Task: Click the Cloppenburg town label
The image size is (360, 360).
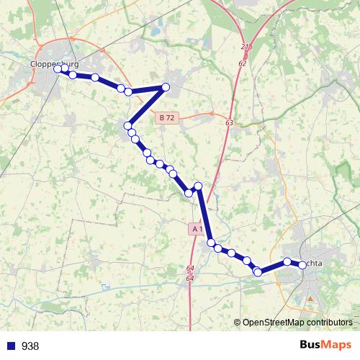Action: (55, 63)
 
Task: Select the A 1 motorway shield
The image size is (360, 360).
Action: (197, 229)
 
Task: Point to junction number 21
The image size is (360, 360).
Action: (244, 46)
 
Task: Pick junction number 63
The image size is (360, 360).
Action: (229, 123)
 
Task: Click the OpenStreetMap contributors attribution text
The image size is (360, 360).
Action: (297, 323)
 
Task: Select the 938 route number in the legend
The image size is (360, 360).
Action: (30, 346)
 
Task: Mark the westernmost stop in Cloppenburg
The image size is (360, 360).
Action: (58, 69)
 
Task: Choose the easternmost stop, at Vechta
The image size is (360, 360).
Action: (302, 265)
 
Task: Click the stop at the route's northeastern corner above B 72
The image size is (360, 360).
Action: (166, 87)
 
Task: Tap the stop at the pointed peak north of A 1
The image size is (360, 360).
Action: (199, 186)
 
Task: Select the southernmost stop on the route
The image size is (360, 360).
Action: (258, 272)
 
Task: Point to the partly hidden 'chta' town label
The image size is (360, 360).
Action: (318, 264)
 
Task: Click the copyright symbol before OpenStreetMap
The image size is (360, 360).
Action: (238, 323)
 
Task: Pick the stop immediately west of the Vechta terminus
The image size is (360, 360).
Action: (287, 261)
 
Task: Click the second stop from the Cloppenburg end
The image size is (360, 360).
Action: (73, 75)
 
